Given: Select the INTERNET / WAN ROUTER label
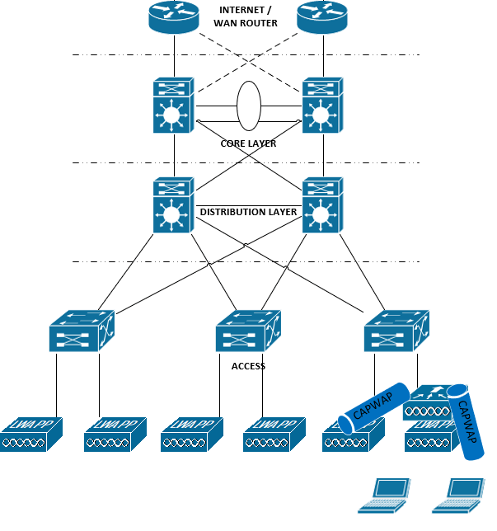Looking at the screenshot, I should pos(247,16).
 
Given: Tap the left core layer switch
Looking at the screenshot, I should pos(173,106).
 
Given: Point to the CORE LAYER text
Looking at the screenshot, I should pos(248,143).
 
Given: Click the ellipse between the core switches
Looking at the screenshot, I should pos(248,105).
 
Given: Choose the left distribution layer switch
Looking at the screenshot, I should pos(173,204).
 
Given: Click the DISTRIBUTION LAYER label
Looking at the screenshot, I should pos(248,212).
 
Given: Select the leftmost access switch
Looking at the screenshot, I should pos(81,331).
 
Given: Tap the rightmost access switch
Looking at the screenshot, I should pos(396,331).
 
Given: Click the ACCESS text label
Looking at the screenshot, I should pos(248,366).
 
